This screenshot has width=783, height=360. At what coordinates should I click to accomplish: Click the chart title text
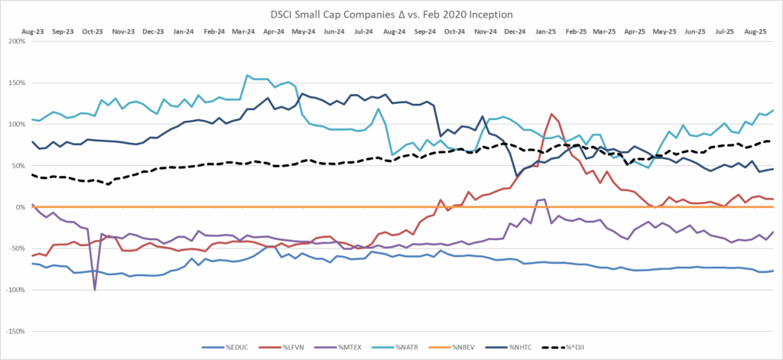(391, 14)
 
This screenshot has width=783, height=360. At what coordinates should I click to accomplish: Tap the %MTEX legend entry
(372, 347)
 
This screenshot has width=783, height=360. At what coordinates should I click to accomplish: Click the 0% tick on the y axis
(21, 207)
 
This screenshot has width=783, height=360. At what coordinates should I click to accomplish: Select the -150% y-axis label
(15, 332)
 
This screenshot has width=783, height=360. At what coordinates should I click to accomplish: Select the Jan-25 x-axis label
(546, 32)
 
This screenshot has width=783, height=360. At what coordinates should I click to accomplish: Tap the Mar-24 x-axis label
(242, 32)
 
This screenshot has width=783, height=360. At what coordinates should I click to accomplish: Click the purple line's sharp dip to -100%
(95, 290)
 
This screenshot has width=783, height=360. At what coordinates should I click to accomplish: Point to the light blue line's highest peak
(247, 75)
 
